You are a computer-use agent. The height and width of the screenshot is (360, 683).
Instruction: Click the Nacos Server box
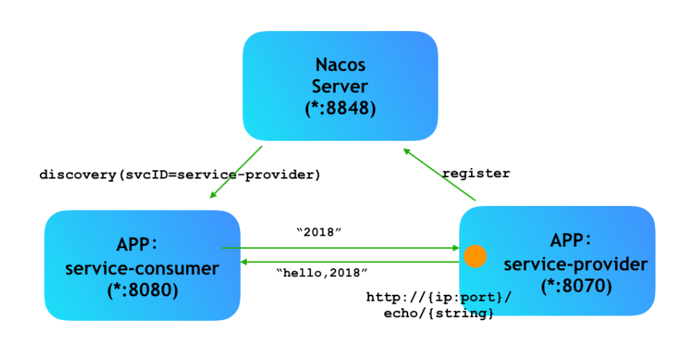click(x=340, y=85)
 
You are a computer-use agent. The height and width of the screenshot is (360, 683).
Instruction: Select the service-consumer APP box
click(x=142, y=265)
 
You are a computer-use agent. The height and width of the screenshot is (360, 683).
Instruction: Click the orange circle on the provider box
click(x=475, y=256)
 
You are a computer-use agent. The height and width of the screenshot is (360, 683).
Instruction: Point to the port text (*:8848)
click(x=340, y=108)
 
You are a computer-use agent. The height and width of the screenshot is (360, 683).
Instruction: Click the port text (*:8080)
click(x=142, y=290)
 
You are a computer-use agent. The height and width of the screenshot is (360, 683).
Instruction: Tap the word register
click(x=476, y=173)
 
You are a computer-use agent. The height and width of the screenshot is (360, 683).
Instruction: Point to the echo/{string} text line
click(x=439, y=314)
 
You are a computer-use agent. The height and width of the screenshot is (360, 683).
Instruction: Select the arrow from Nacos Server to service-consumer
click(x=236, y=172)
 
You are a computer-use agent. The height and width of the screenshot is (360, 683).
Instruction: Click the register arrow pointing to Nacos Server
click(x=439, y=174)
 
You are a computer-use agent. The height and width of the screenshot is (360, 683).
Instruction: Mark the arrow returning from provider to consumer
click(x=348, y=261)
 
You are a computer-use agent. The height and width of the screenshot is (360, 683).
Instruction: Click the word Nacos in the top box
click(x=340, y=64)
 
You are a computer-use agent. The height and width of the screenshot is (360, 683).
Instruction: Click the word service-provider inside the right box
click(x=576, y=264)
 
